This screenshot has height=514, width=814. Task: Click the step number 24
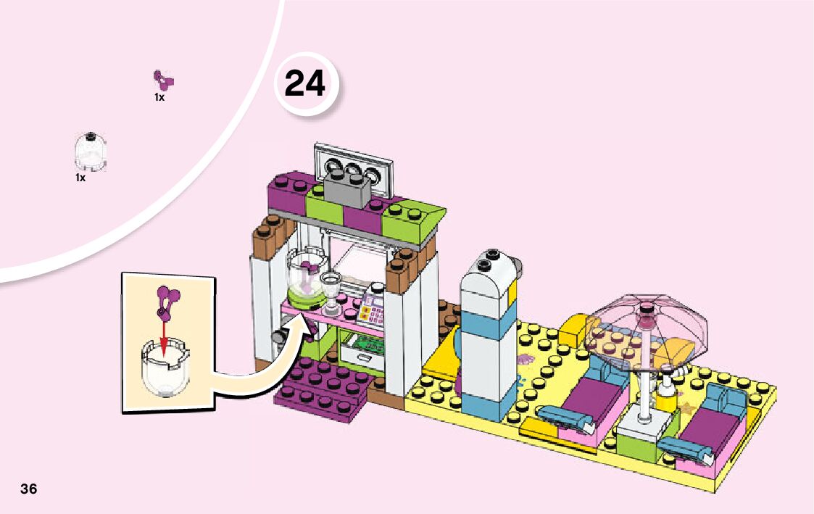pyautogui.click(x=305, y=84)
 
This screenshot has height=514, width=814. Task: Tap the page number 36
pyautogui.click(x=29, y=488)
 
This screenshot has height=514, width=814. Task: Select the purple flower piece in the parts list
pyautogui.click(x=164, y=80)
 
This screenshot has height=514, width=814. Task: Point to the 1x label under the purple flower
pyautogui.click(x=159, y=97)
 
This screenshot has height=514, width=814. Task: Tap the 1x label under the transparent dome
pyautogui.click(x=80, y=177)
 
